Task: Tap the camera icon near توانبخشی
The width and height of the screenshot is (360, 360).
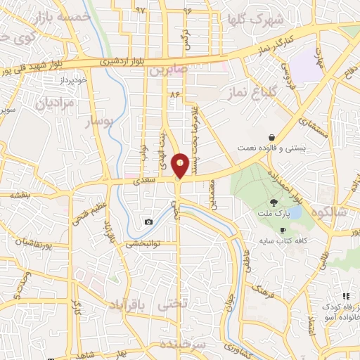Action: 148,222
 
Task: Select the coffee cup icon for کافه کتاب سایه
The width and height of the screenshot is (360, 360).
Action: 283,230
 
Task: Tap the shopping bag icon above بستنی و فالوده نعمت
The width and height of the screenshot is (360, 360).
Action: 271,138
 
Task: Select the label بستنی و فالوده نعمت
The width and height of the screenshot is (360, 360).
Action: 285,149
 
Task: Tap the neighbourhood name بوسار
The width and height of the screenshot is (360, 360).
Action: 99,122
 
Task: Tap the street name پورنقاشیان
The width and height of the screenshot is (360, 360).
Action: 26,243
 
